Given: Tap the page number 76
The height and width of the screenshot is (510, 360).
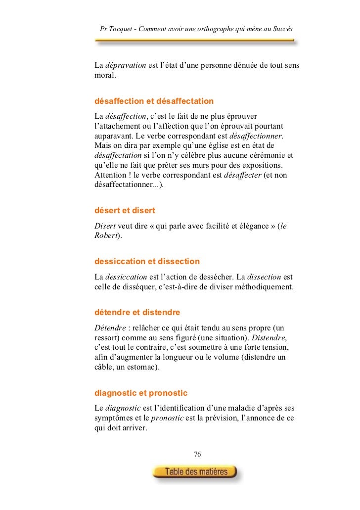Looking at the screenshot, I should [x=197, y=454].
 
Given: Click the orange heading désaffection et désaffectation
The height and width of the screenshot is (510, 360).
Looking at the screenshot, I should [x=154, y=101].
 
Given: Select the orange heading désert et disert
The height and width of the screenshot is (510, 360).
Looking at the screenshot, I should [x=125, y=210].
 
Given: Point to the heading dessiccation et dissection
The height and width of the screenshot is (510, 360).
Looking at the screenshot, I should [x=147, y=261].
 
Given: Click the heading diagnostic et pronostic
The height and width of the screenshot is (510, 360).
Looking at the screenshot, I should [x=141, y=394].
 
